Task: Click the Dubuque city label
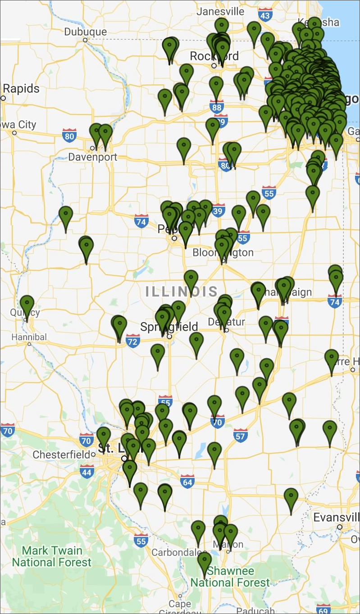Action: (86, 32)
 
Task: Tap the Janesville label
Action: (220, 11)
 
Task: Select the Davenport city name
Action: (92, 157)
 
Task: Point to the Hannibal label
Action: (29, 337)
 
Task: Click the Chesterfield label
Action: (61, 455)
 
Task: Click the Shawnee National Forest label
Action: (230, 577)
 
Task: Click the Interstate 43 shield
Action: (265, 16)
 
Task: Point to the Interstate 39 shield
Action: (219, 210)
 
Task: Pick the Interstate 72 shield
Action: (132, 341)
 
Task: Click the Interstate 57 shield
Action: (241, 435)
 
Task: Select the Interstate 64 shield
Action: (187, 482)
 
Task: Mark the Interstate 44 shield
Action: (87, 472)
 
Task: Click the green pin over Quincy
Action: (27, 305)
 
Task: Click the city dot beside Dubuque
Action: (85, 40)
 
